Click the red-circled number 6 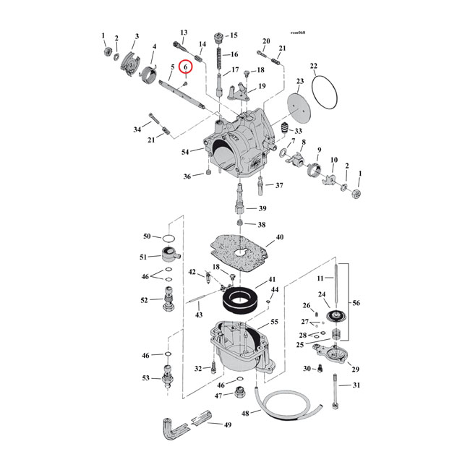pos(186,67)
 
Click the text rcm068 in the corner pos(298,33)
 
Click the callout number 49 pos(227,425)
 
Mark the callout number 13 pos(184,33)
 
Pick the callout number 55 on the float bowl pos(273,322)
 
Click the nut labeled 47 pos(237,395)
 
